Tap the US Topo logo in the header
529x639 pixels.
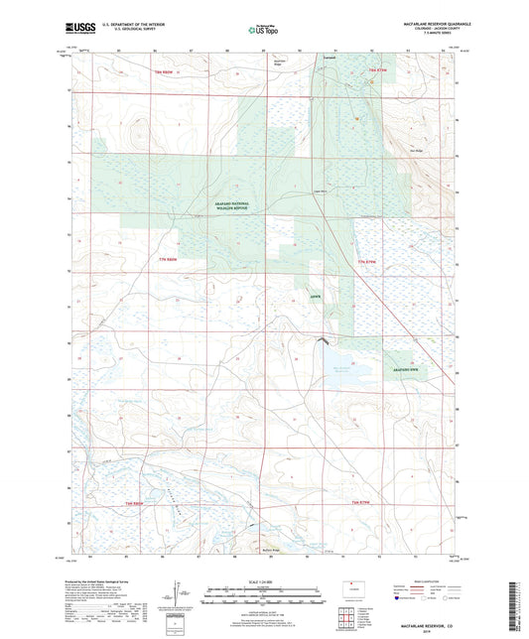(263, 31)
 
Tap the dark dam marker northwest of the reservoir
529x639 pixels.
(321, 341)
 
